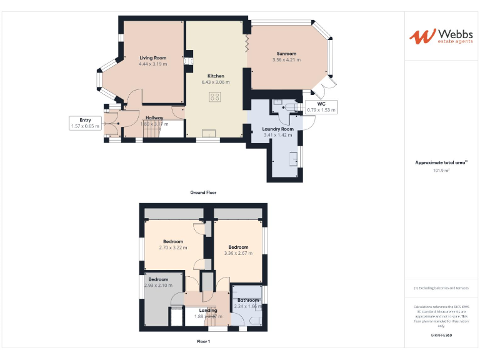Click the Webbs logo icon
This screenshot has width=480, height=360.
tap(420, 36)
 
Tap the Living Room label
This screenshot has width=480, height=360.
tap(153, 57)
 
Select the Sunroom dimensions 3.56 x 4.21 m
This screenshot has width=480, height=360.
tap(286, 60)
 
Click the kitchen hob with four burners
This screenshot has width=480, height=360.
tap(215, 97)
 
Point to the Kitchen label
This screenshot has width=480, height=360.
tap(216, 76)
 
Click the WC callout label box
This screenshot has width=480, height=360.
tap(321, 107)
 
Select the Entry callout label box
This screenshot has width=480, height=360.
tap(86, 122)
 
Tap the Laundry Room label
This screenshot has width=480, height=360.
tap(278, 129)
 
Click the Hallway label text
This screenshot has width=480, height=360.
tap(154, 117)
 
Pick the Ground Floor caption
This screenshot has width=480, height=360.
tap(203, 192)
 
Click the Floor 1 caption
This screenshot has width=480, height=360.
tap(203, 341)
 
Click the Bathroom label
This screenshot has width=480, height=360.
tap(248, 301)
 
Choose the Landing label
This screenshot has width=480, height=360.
tap(208, 310)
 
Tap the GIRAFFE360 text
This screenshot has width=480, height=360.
tap(441, 336)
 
